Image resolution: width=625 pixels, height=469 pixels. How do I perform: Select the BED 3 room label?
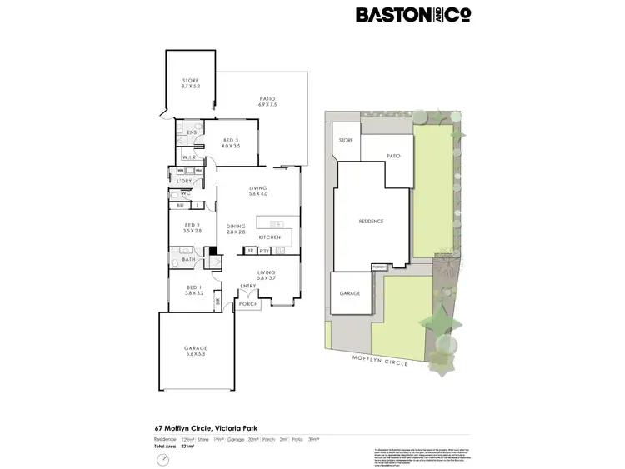(230, 142)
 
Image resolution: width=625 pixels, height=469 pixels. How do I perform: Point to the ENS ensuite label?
(191, 132)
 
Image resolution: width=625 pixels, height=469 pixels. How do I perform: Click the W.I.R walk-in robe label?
(188, 157)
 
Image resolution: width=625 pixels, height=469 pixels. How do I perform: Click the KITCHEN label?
(269, 237)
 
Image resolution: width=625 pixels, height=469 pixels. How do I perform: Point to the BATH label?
(188, 260)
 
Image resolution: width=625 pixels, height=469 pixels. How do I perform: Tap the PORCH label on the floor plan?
(248, 304)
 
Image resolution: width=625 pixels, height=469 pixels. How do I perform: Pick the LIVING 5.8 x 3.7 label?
(266, 276)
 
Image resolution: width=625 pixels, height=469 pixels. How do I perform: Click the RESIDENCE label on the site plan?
(371, 221)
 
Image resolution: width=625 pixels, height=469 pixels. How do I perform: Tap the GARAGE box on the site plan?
(350, 293)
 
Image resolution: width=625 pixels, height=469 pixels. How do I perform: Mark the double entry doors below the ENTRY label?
(249, 294)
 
